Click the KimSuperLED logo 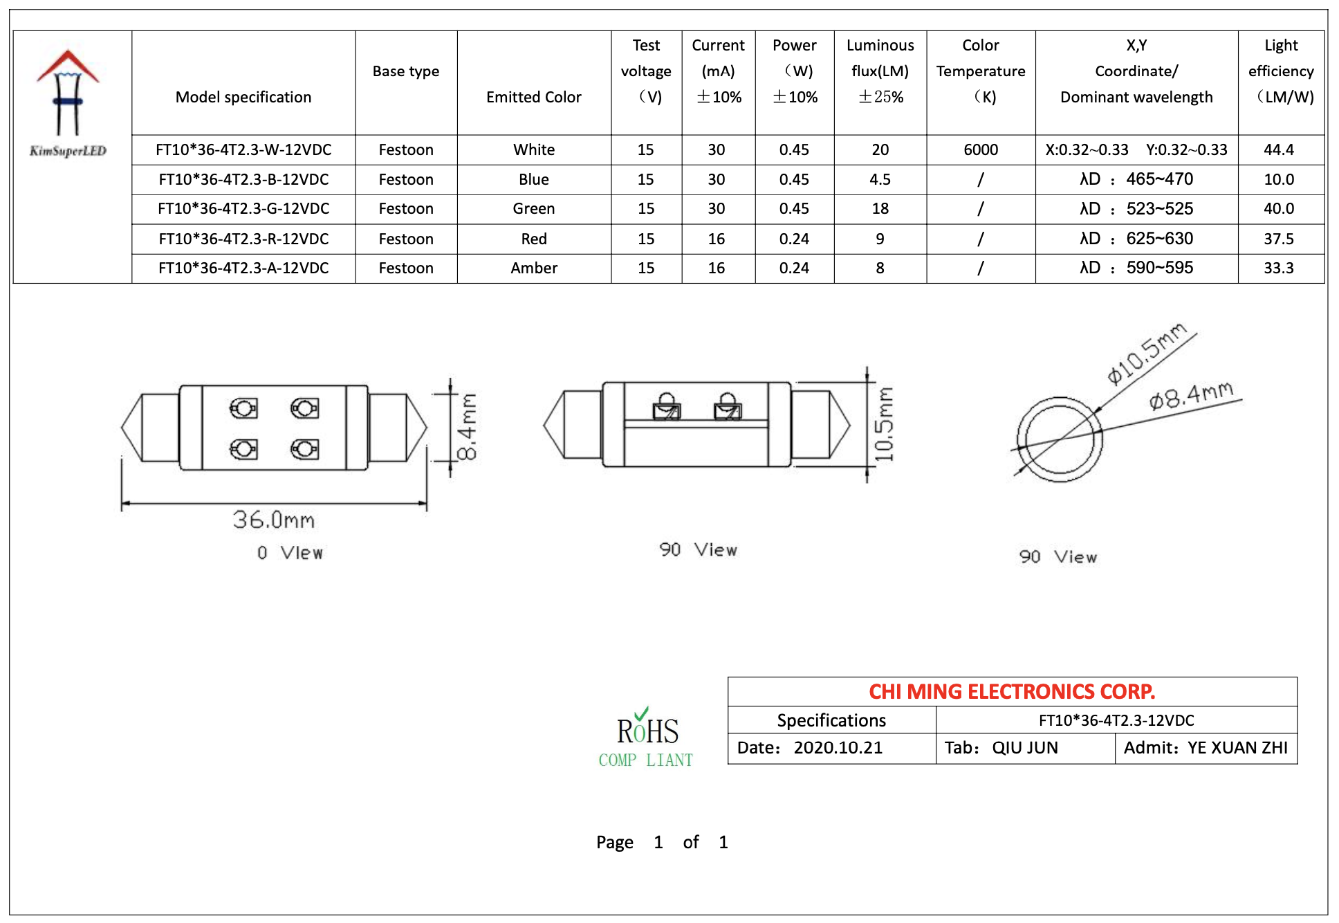(68, 104)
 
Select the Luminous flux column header (880, 71)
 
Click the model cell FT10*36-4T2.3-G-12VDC (243, 209)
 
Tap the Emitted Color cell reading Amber (533, 268)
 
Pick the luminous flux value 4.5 (880, 180)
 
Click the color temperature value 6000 (980, 150)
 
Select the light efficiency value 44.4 (1278, 150)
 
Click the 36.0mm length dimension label (274, 520)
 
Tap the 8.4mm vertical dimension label (468, 427)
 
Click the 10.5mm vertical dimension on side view (884, 423)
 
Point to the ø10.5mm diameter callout (1146, 353)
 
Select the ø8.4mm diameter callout (1191, 396)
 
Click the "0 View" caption (290, 553)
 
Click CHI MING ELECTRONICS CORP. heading (1011, 692)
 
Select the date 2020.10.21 (838, 748)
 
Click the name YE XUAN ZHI (1237, 748)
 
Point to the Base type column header (405, 71)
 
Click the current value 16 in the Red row (716, 239)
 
